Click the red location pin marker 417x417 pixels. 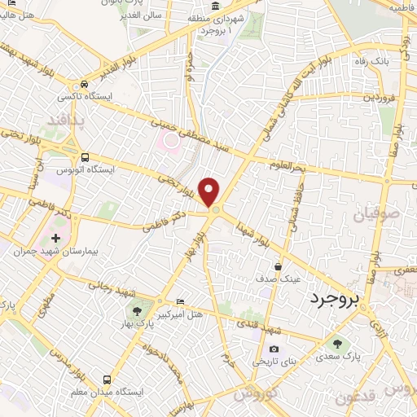coord(210,192)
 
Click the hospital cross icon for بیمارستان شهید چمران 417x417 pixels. coord(55,239)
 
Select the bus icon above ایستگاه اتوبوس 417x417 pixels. coord(86,157)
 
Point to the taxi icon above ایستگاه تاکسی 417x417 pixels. coord(84,85)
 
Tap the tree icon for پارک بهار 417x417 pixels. coord(137,311)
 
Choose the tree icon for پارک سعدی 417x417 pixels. coord(336,343)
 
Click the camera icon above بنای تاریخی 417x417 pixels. coord(273,349)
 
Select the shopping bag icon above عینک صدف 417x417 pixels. coord(279,266)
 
